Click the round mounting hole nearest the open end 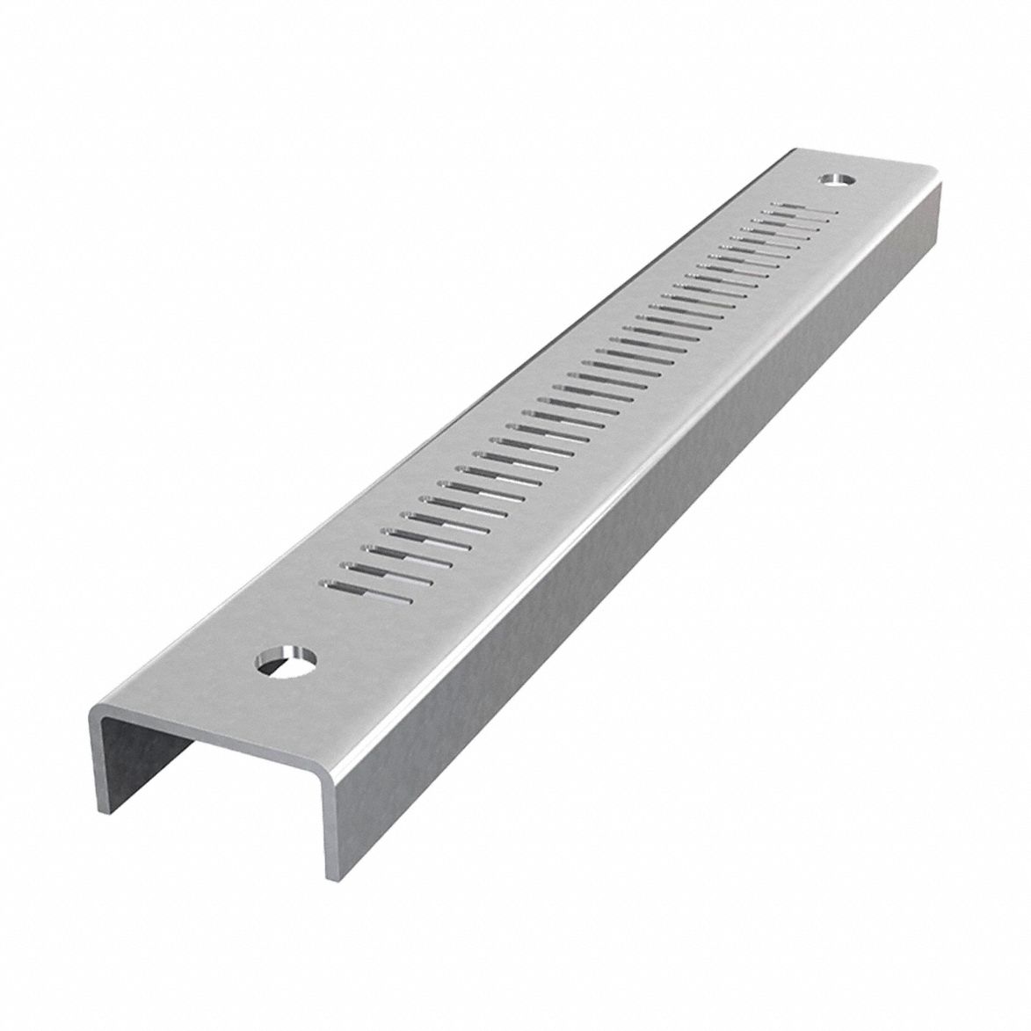(286, 660)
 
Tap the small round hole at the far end (838, 179)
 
